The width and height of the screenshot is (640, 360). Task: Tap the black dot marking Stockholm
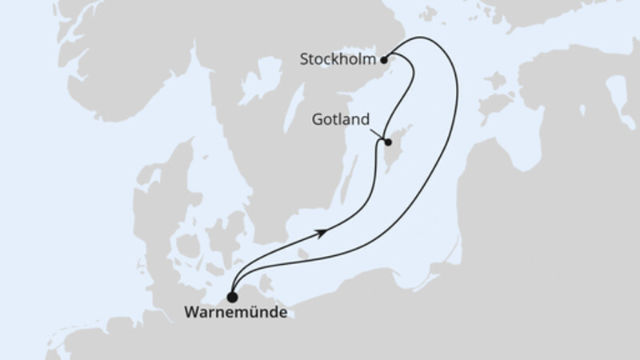click(x=385, y=58)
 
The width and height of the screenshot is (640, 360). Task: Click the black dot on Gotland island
click(x=387, y=143)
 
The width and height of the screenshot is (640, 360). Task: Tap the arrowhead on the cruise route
click(x=322, y=231)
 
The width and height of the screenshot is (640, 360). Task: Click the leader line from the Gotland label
click(x=377, y=134)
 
